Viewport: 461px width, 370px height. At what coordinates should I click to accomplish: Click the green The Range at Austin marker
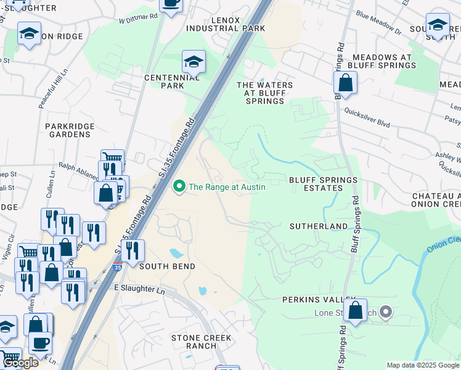point(180,186)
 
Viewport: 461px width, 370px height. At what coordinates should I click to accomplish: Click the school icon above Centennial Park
point(193,62)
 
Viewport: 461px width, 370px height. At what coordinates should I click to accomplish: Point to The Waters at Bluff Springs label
point(264,93)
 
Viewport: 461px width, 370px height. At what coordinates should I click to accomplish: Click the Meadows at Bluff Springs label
point(381,61)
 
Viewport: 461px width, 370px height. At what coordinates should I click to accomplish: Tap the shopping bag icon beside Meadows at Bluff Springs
point(345,83)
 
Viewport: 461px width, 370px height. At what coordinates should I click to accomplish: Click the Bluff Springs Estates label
point(323,185)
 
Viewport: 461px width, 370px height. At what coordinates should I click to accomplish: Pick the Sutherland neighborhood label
point(319,226)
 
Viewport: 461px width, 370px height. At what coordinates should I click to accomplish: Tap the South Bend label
point(167,266)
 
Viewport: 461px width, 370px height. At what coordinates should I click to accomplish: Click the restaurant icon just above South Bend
point(133,251)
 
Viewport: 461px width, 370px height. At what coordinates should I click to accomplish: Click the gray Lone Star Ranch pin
point(386,313)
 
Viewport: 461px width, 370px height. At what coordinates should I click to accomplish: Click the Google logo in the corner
point(20,362)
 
